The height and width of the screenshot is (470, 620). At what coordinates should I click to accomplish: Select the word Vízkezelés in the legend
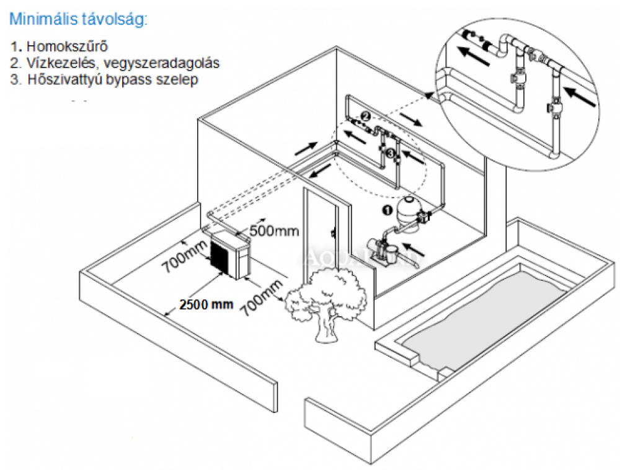tap(55, 63)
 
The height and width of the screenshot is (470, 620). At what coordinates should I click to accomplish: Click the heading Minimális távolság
tap(79, 19)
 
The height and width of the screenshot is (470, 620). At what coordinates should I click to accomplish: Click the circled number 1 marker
tap(385, 210)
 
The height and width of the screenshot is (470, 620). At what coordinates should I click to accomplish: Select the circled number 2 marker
tap(366, 116)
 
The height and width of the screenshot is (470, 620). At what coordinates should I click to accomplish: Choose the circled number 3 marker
tap(389, 152)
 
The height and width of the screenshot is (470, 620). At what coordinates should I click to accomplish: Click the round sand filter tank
tap(410, 210)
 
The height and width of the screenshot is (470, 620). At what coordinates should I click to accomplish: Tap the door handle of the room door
tap(334, 234)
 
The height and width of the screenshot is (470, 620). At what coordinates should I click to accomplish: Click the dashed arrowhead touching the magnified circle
tap(428, 95)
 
